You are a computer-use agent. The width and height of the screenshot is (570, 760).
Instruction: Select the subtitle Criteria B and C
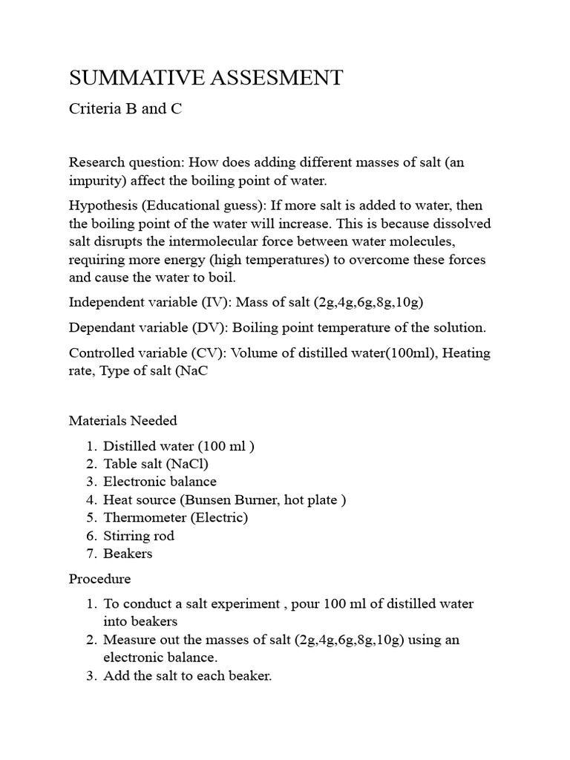pos(125,109)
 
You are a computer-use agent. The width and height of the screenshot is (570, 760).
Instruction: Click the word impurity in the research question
pos(96,180)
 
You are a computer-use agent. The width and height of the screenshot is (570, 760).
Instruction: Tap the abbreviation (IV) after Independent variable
pos(213,302)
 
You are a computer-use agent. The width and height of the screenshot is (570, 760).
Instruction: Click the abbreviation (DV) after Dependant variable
pos(207,327)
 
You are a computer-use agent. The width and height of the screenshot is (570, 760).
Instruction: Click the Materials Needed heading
pos(122,421)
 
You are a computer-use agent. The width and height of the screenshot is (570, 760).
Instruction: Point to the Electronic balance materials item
pos(160,482)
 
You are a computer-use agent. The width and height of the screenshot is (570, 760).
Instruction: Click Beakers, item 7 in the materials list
pos(128,553)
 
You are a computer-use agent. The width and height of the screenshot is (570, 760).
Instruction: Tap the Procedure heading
pos(99,578)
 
